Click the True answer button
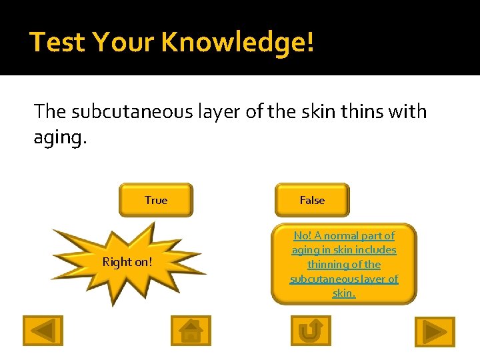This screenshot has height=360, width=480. point(155,200)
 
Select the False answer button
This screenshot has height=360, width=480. point(312,200)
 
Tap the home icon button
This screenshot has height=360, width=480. point(191,330)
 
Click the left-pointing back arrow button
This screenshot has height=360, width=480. point(43,330)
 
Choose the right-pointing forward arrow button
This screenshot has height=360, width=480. point(435,331)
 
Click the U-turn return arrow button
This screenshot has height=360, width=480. point(311,330)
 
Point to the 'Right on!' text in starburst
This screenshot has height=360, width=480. point(127,262)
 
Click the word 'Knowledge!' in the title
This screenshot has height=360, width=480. point(237,42)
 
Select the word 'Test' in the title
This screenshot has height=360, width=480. point(57,42)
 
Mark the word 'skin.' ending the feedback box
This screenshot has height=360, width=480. point(344,293)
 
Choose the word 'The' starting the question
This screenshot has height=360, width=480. point(49,111)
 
